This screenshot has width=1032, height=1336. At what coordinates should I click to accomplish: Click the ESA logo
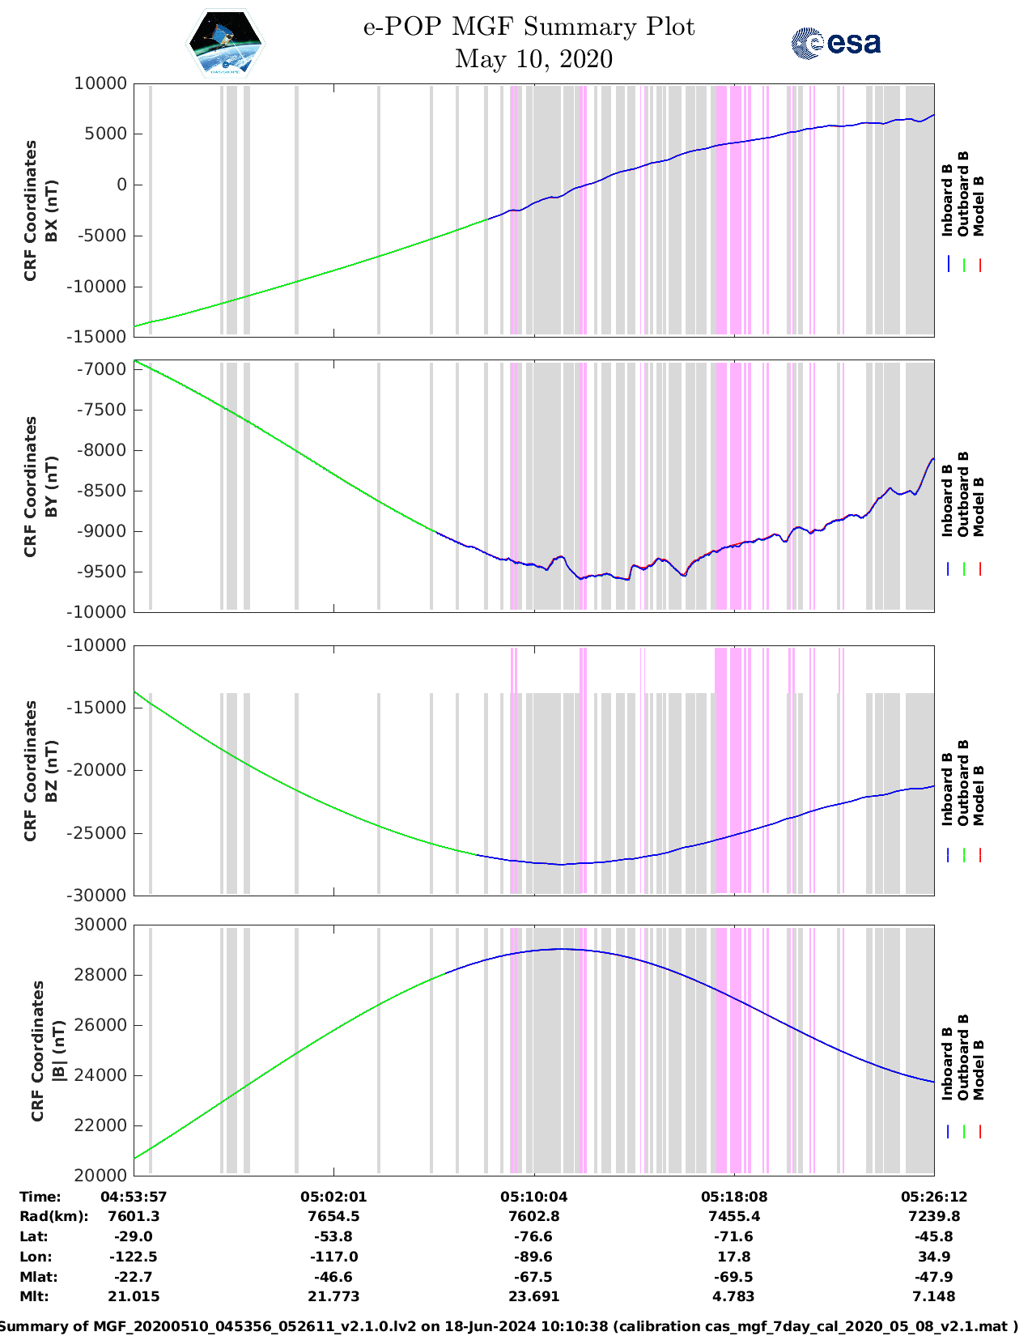click(835, 43)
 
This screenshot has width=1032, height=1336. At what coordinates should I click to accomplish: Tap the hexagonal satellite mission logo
click(225, 43)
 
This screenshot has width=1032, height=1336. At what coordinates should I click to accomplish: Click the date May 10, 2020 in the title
click(533, 59)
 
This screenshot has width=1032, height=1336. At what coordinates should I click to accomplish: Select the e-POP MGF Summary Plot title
click(529, 27)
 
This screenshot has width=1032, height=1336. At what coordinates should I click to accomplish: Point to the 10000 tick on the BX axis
click(100, 83)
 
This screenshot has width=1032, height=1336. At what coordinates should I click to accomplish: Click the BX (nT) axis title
click(51, 210)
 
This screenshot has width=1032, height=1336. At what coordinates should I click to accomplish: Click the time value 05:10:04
click(533, 1197)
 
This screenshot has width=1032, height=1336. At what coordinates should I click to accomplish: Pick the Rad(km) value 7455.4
click(734, 1216)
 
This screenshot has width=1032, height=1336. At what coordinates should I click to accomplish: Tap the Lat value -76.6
click(533, 1236)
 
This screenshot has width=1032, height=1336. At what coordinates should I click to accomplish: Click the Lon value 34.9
click(934, 1257)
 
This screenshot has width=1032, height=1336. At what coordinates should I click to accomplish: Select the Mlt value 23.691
click(533, 1296)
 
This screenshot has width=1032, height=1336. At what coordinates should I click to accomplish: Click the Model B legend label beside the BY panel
click(979, 506)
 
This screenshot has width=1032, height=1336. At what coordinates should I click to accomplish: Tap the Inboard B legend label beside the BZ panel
click(947, 789)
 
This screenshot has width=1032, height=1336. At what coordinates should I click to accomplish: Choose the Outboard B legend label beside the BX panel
click(963, 194)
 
